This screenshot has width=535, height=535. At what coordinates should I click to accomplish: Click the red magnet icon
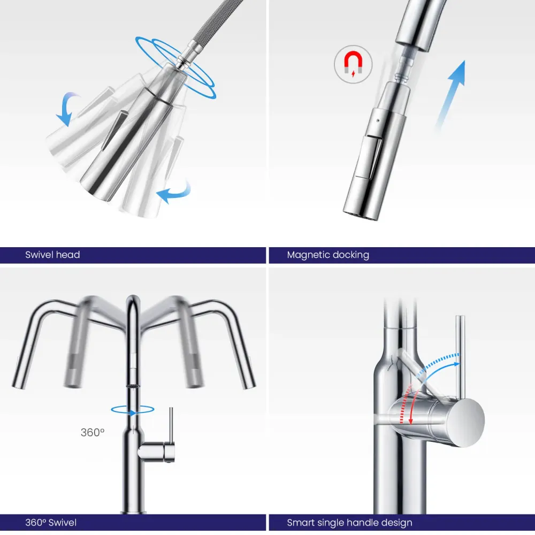point(353,64)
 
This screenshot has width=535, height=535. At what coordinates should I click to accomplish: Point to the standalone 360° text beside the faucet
point(93,432)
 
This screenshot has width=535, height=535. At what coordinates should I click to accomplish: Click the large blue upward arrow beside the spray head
point(450,96)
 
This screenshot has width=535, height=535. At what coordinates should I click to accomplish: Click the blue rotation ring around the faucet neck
point(132,410)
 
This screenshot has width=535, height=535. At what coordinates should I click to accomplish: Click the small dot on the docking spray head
point(377,120)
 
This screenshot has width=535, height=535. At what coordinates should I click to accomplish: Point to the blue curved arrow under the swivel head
point(173,192)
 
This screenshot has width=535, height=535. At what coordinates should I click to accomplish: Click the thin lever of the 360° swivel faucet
point(171,425)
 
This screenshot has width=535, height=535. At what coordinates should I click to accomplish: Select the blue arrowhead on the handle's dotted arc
point(456,364)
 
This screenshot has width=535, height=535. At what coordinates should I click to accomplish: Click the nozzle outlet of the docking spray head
point(360,215)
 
